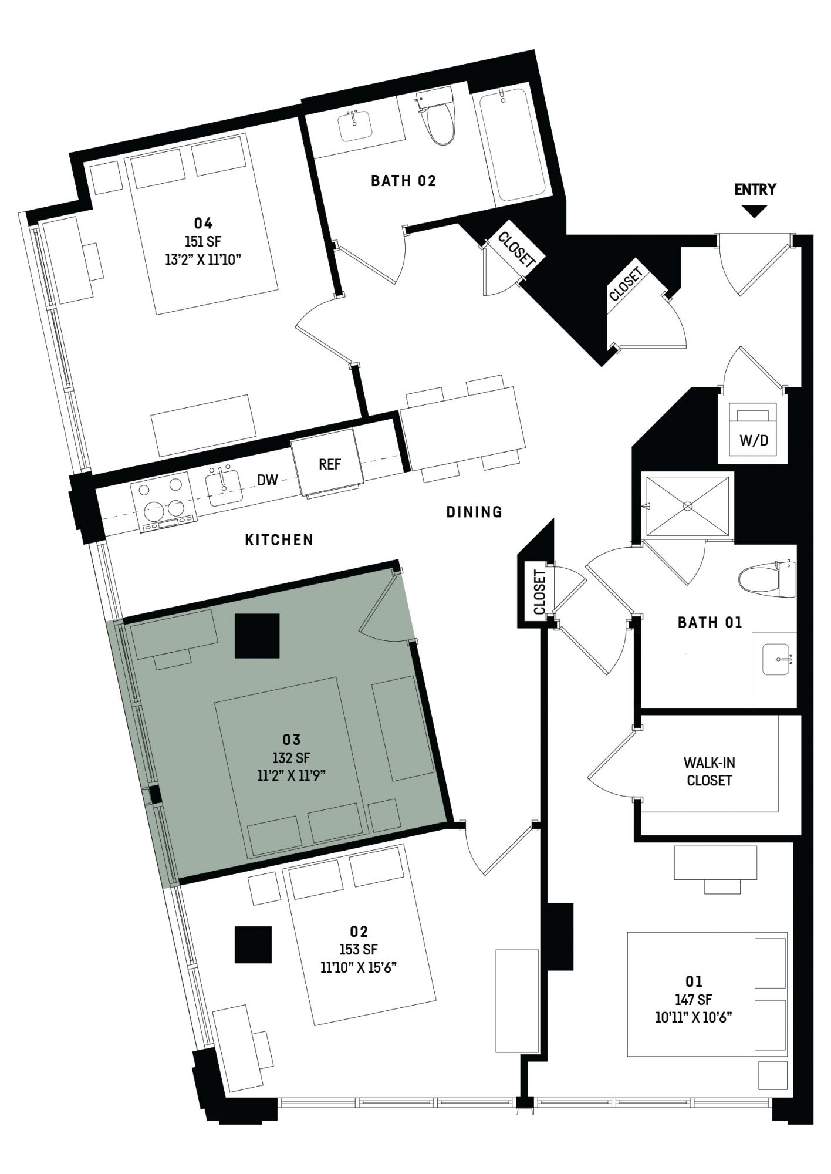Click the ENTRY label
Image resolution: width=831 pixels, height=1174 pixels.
coord(755,189)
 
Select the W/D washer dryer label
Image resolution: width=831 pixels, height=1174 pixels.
coord(754,440)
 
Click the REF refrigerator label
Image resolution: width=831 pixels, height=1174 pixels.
coord(330,464)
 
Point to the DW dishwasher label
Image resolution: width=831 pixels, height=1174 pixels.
coord(268,480)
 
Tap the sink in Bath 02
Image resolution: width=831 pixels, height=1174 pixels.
coord(355,125)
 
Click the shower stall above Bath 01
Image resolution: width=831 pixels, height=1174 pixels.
coord(688,505)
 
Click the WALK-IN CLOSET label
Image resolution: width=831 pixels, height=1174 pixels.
coord(709,771)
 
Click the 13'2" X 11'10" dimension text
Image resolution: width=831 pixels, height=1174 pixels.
coord(204,259)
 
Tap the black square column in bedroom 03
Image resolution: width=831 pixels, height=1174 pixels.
coord(257,636)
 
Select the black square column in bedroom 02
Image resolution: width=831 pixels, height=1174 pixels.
coord(253,944)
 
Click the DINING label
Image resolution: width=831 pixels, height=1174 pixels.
coord(474,512)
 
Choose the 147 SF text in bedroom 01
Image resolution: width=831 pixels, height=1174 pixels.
coord(694,999)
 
